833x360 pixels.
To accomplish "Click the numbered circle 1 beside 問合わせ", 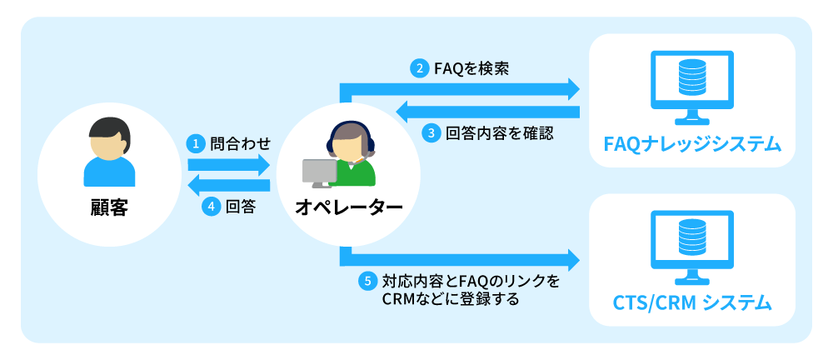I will (195, 143).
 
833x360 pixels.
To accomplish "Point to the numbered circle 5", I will (367, 281).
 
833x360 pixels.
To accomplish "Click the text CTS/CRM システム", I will (691, 302).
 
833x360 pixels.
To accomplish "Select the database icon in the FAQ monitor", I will (691, 77).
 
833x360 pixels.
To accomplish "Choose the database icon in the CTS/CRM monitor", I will (691, 237).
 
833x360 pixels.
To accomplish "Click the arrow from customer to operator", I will (229, 164).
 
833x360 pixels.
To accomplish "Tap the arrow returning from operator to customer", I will (229, 186).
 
